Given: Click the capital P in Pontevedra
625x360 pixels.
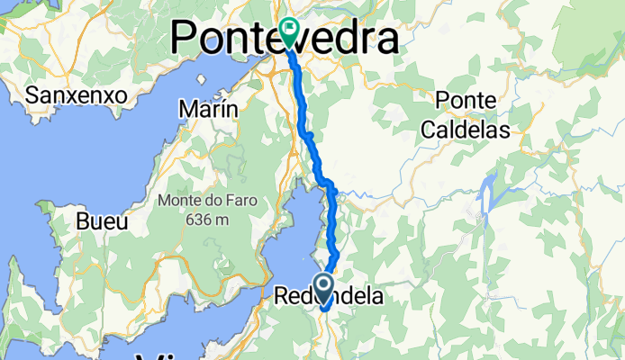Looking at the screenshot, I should pos(186,39).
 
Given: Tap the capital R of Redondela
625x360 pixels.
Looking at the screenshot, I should pos(283,296).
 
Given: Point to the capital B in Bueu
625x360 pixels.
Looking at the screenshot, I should pos(83,221).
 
